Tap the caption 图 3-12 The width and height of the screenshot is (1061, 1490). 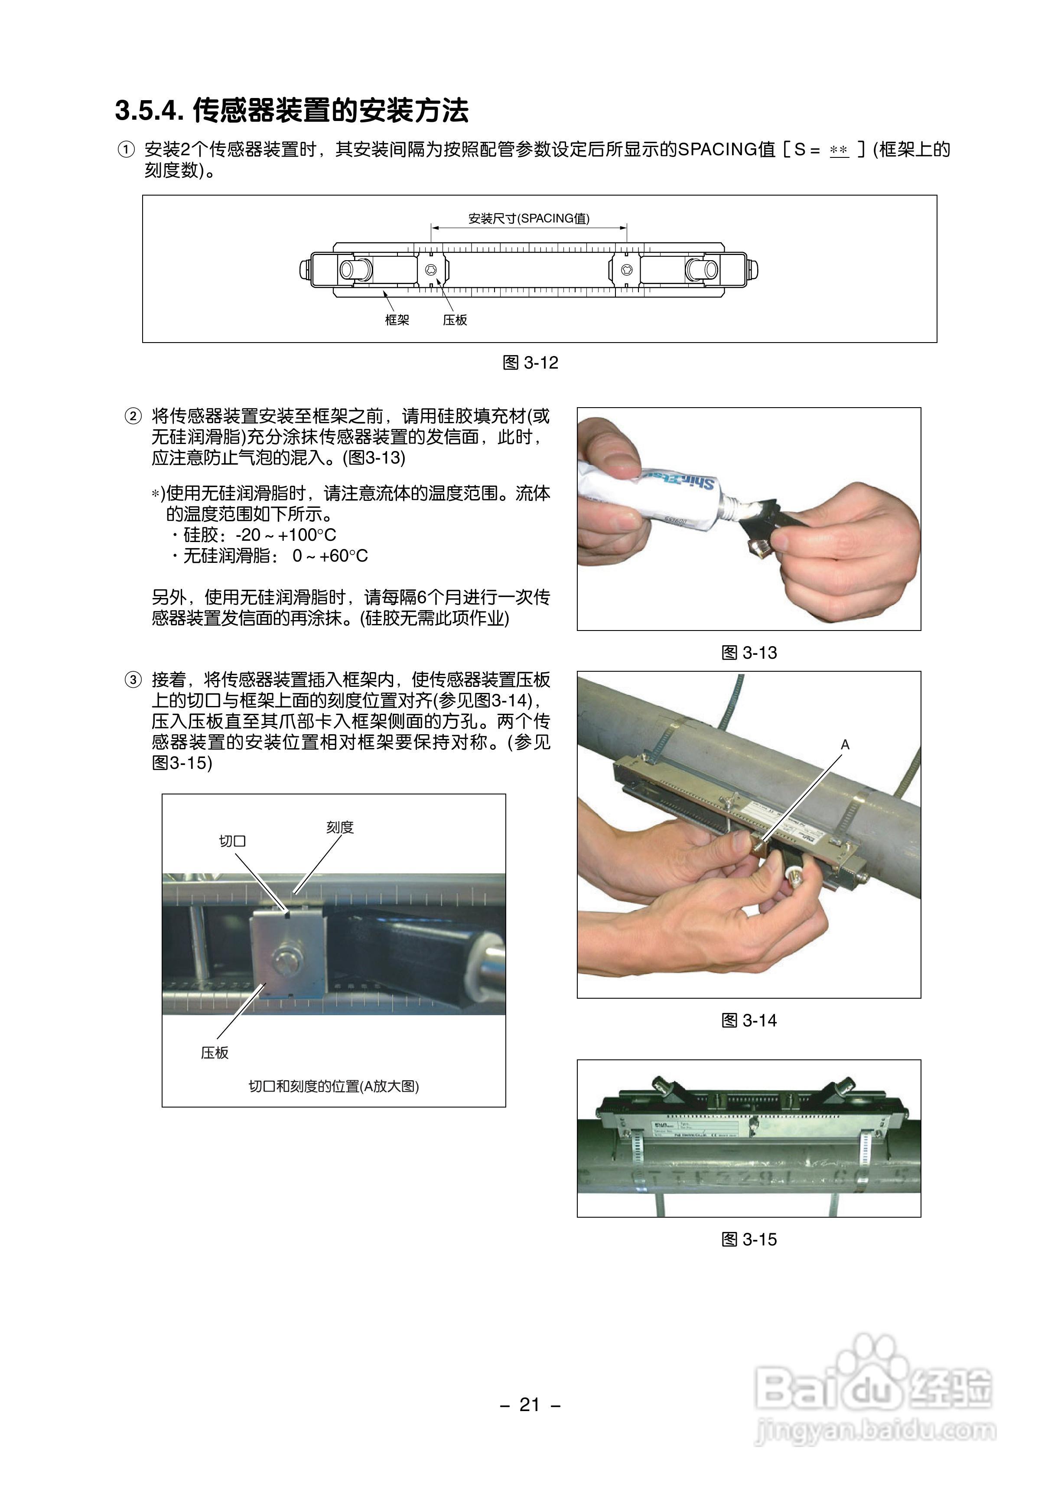point(530,363)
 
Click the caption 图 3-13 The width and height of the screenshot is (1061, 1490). point(749,652)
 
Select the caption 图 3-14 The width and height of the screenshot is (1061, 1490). point(749,1020)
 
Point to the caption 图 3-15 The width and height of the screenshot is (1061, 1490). point(749,1239)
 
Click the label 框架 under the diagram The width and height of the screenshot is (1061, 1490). point(397,320)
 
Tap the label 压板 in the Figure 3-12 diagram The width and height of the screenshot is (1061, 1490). point(455,320)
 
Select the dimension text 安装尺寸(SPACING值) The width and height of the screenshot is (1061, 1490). point(528,218)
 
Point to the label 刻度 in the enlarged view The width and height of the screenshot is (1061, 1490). point(340,827)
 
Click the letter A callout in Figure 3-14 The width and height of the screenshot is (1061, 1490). point(845,744)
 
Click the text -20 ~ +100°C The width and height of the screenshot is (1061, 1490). point(286,535)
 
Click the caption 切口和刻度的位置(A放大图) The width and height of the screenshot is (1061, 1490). point(333,1086)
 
